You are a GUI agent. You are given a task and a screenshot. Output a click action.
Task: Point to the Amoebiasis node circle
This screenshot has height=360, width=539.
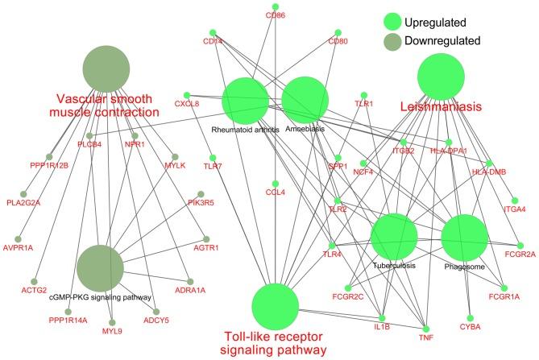[x=305, y=101]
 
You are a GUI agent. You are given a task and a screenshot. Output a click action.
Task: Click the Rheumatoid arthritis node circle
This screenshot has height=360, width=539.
[x=245, y=101]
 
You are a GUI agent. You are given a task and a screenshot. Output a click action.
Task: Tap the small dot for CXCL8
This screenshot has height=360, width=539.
[x=188, y=95]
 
